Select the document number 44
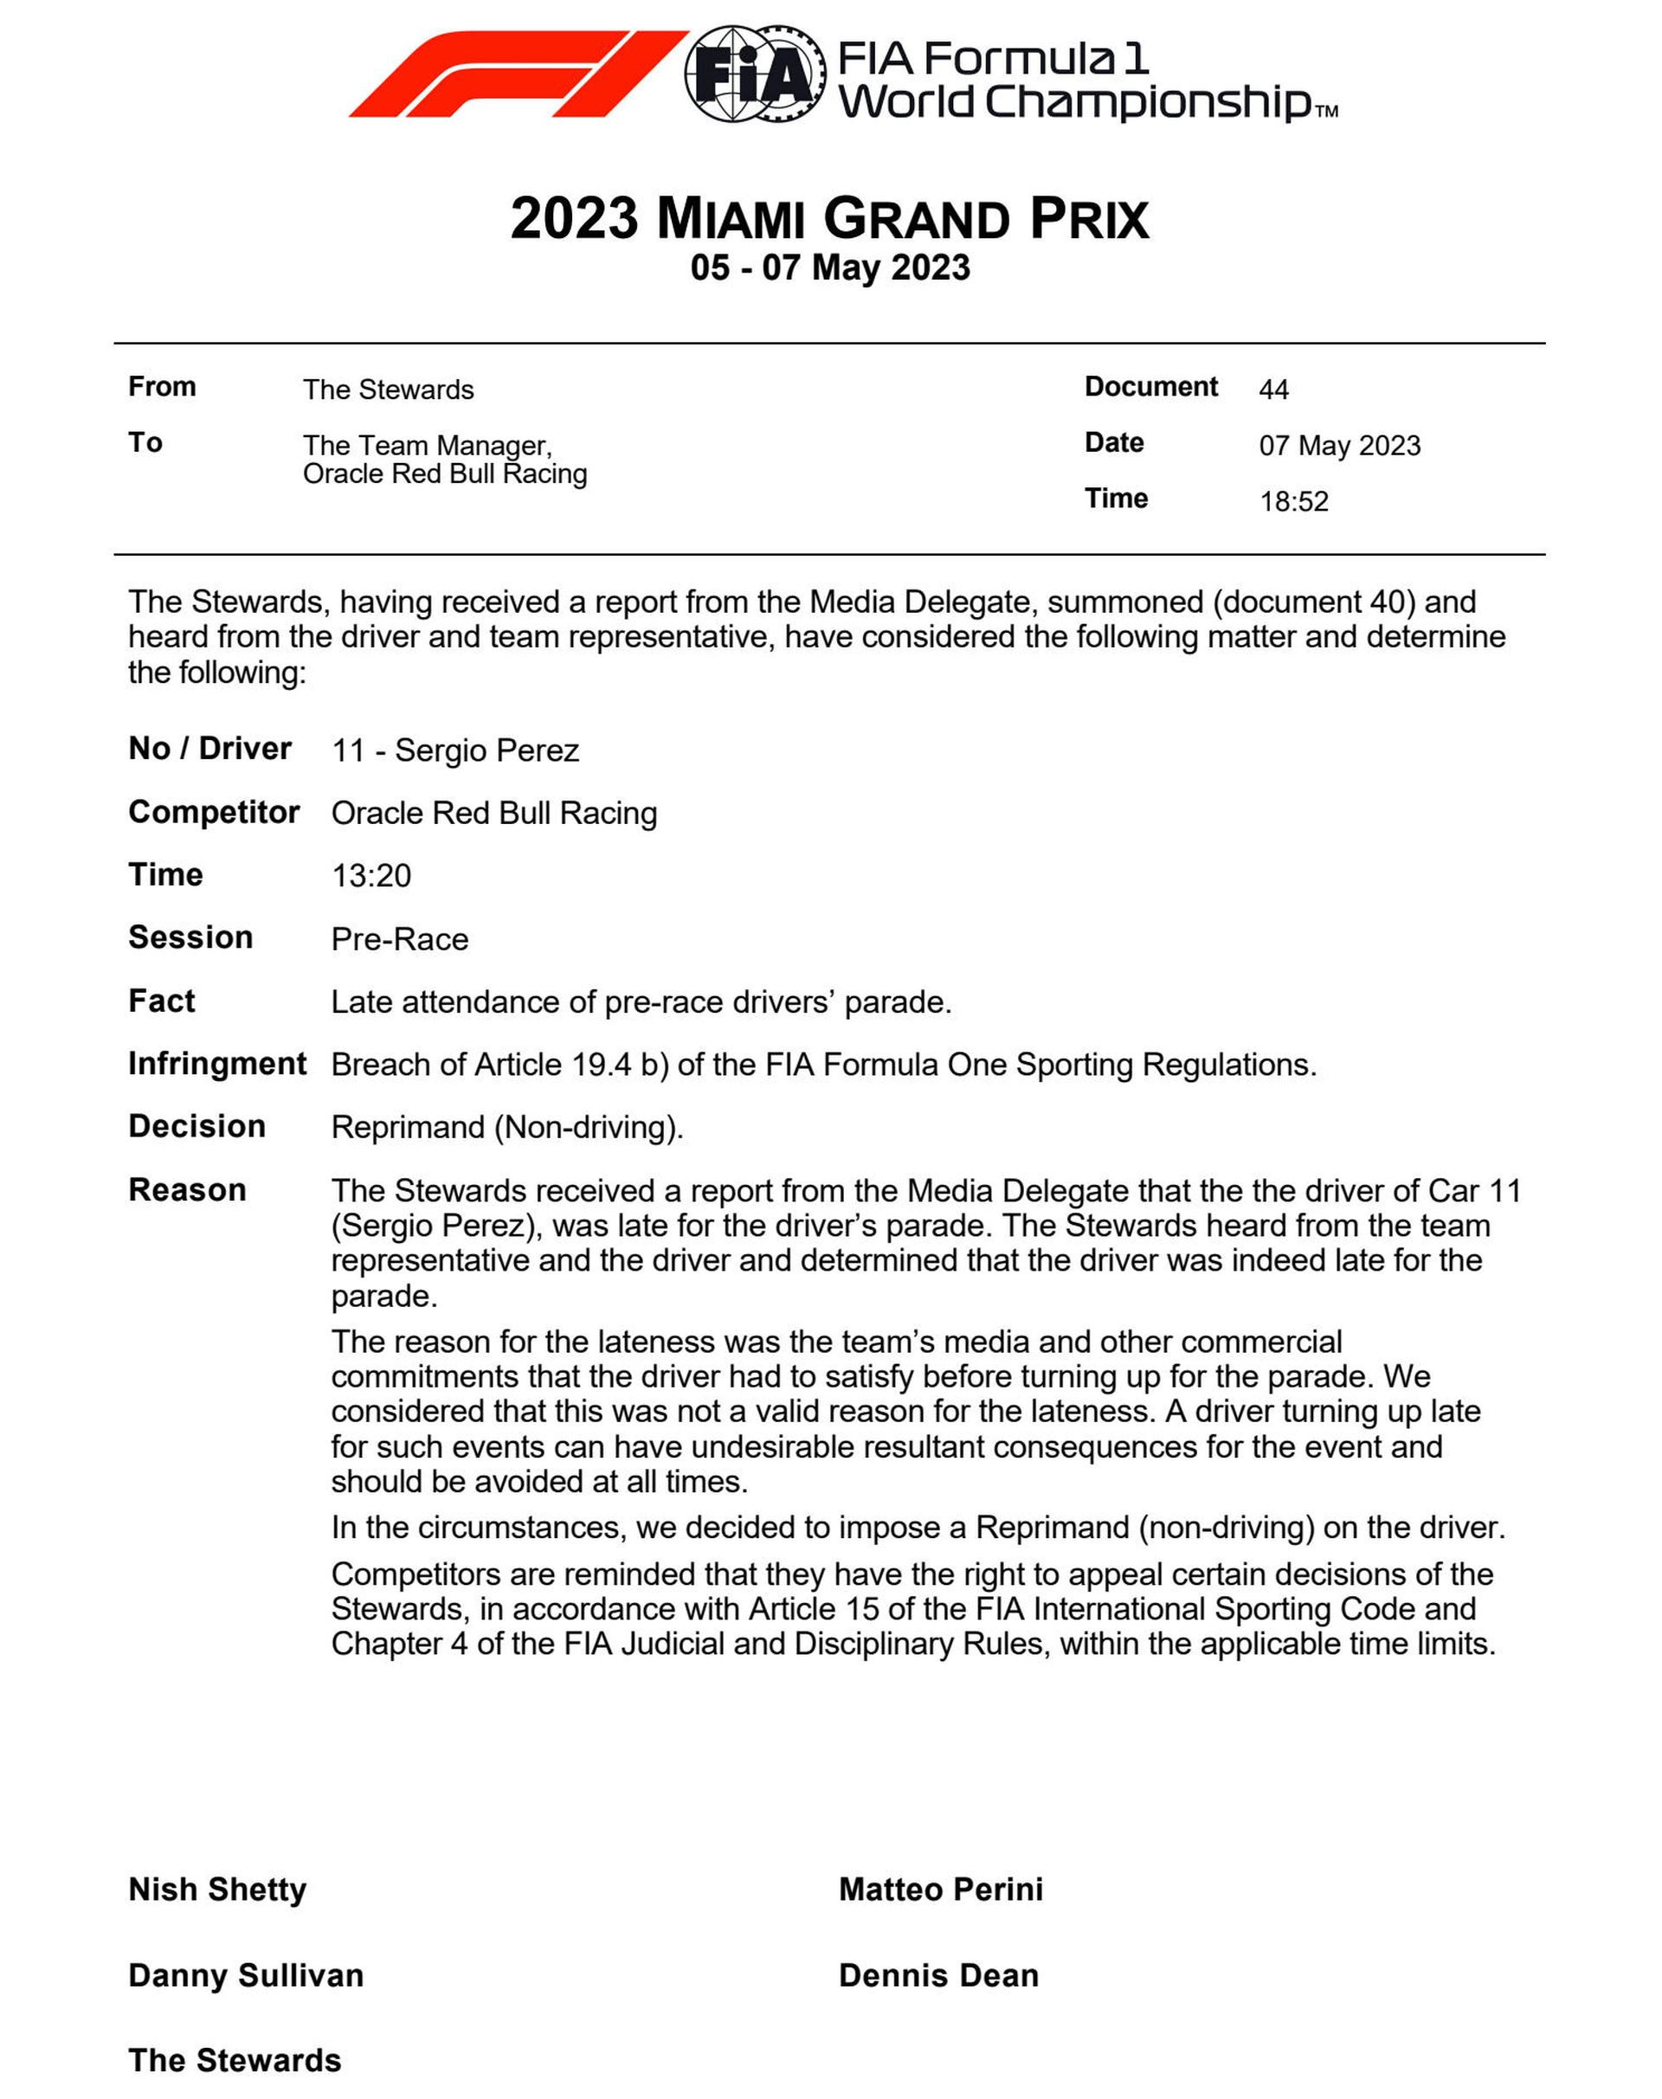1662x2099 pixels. (1272, 390)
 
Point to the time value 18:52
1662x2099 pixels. (1293, 502)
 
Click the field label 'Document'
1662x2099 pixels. (1150, 387)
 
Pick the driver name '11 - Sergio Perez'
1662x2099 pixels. (455, 751)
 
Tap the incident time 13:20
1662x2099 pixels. (370, 876)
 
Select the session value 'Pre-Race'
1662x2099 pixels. (400, 939)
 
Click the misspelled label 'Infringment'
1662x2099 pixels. (217, 1064)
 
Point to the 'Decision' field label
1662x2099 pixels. (196, 1127)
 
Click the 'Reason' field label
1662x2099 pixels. (187, 1190)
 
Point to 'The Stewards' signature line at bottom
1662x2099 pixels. (235, 2060)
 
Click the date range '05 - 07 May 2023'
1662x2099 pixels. (830, 267)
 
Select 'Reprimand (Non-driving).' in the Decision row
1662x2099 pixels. (507, 1128)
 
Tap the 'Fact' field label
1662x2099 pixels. (162, 1001)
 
